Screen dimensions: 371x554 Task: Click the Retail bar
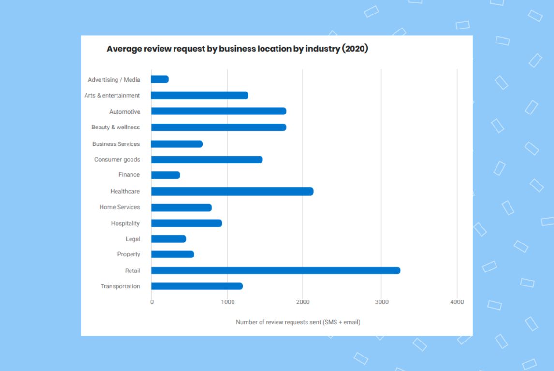(x=276, y=271)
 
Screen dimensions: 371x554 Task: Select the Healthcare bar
(x=232, y=191)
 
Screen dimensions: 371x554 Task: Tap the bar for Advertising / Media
(x=160, y=79)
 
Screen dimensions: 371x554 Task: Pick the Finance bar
(x=166, y=175)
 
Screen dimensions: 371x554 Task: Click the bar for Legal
(x=169, y=239)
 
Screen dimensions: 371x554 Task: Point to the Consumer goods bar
(x=207, y=159)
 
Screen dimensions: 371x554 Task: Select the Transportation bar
(x=197, y=286)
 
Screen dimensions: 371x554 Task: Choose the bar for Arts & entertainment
(x=200, y=95)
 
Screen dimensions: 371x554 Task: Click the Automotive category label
(x=125, y=112)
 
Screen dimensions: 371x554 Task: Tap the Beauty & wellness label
(x=116, y=128)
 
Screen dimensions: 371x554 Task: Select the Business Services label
(x=116, y=144)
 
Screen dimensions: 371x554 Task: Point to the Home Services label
(x=119, y=207)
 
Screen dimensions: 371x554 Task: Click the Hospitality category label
(x=125, y=223)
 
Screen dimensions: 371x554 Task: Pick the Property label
(x=129, y=254)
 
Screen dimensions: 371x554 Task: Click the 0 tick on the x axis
(x=152, y=302)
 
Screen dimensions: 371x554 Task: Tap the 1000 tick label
(x=227, y=302)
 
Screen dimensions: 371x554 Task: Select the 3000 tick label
(x=381, y=302)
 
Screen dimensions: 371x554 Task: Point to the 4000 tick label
(x=456, y=302)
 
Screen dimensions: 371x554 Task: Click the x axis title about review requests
(x=298, y=322)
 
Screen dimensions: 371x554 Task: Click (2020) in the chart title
(x=355, y=49)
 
